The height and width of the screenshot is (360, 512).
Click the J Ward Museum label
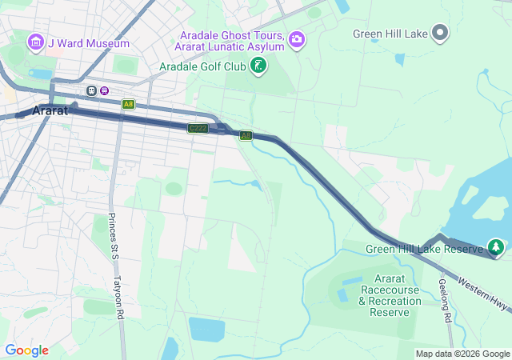[88, 42]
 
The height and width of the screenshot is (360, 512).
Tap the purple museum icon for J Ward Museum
[35, 41]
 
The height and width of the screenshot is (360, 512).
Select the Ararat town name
[50, 111]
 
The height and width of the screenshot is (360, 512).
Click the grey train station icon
[92, 90]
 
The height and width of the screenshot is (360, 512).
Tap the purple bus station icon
[105, 90]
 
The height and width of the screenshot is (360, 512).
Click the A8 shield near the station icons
[128, 104]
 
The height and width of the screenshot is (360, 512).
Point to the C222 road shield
[198, 128]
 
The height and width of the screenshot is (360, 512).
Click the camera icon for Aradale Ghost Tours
[297, 38]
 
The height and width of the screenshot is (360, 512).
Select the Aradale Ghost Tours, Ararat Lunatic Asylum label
[232, 41]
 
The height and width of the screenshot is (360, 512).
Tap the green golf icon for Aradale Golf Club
[258, 66]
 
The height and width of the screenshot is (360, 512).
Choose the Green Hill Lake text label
[390, 34]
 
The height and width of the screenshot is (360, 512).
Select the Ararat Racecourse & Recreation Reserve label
[390, 289]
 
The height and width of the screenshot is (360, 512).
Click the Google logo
[26, 350]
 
